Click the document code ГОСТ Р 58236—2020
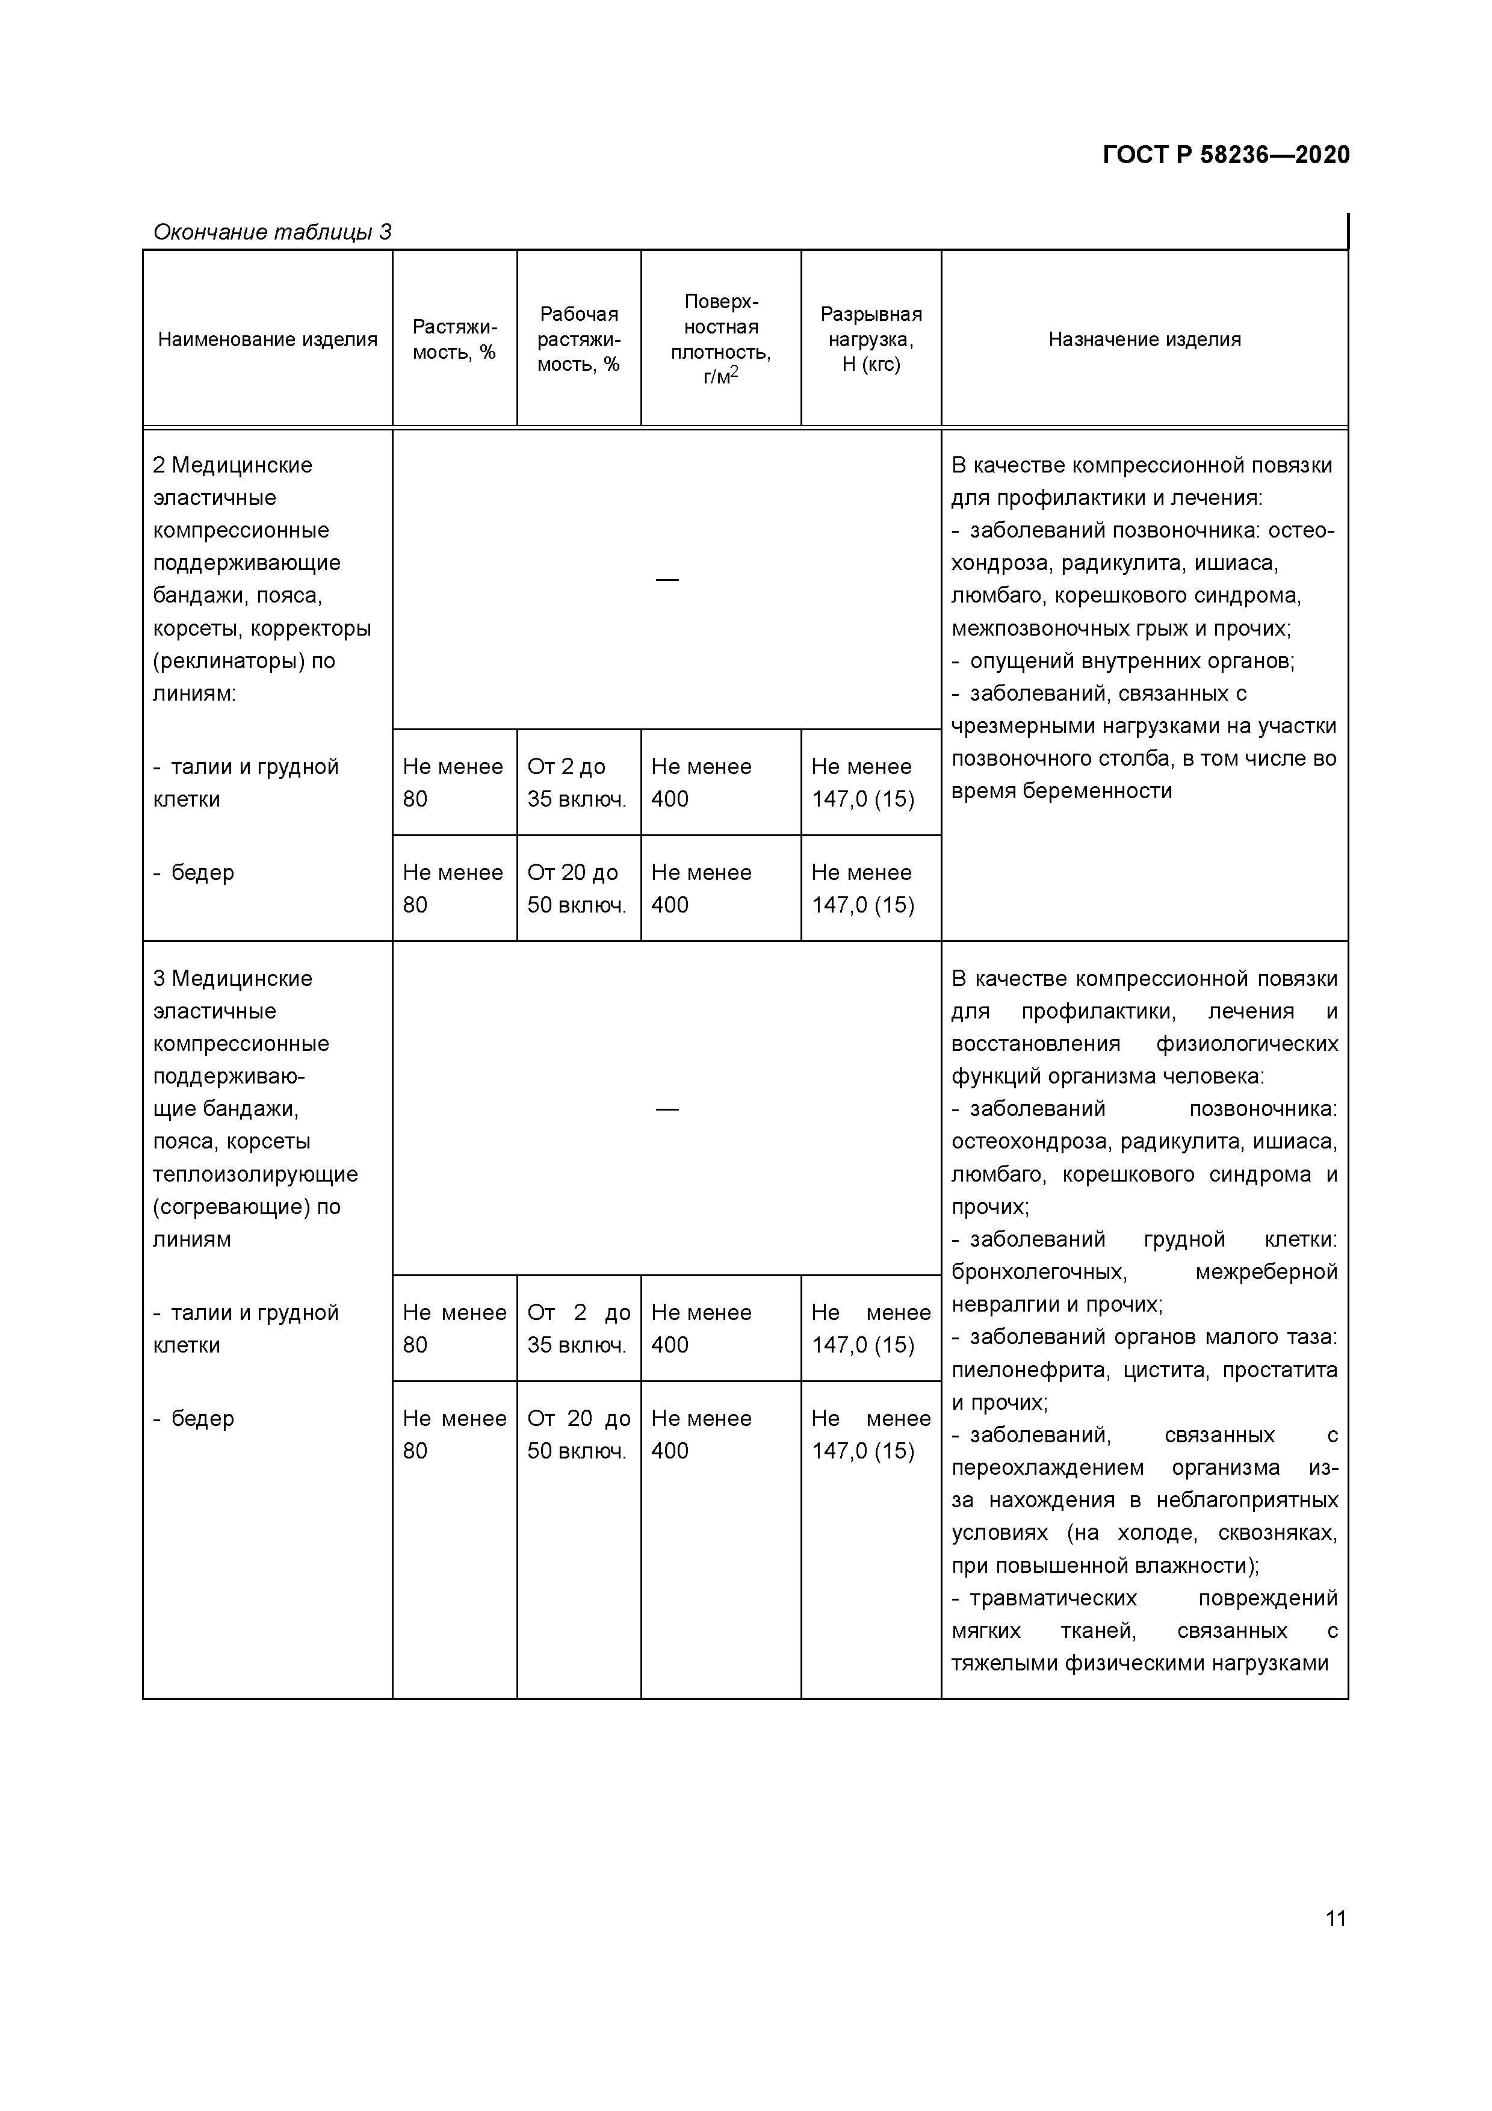(1225, 155)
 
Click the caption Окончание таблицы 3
(272, 232)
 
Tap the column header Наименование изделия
(267, 339)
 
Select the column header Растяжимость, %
(454, 339)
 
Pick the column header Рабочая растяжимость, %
(578, 339)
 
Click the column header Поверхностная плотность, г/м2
(720, 339)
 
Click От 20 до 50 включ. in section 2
(577, 888)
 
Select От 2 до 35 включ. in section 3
(578, 1328)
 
